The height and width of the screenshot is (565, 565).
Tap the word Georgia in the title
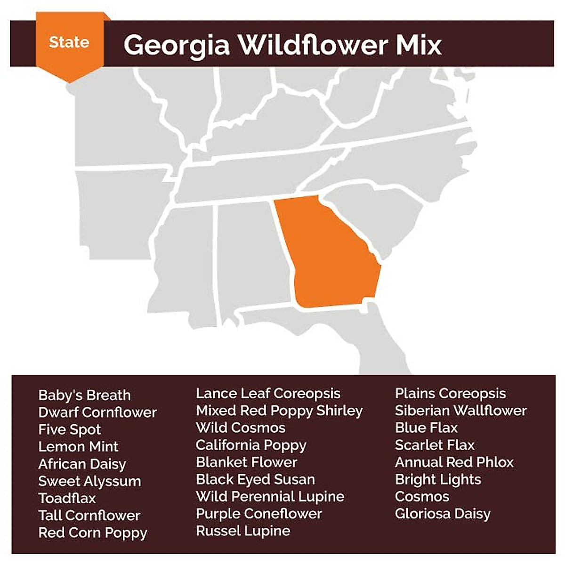[x=177, y=45]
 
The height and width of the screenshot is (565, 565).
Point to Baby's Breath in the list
[x=85, y=395]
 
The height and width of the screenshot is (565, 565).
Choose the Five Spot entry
[x=70, y=429]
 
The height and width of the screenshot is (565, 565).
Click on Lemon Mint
[x=79, y=446]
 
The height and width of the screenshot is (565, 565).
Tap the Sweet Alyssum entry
[x=90, y=481]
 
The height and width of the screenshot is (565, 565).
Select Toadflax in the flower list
[x=67, y=498]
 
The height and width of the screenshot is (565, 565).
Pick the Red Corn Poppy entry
[x=93, y=533]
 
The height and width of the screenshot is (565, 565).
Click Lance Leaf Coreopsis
[x=268, y=393]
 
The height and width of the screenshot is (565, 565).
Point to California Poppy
[x=251, y=445]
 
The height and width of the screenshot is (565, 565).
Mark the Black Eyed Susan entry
[x=255, y=479]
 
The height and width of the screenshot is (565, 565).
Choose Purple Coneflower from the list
[x=259, y=514]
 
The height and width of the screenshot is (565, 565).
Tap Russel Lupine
[x=243, y=531]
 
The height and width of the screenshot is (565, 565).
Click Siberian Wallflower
[x=460, y=411]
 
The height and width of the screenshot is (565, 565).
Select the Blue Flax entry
[x=426, y=428]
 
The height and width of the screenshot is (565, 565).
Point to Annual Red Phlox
[x=454, y=462]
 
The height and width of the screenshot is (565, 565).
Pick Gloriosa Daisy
[x=443, y=514]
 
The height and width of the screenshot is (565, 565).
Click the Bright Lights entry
[x=438, y=479]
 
